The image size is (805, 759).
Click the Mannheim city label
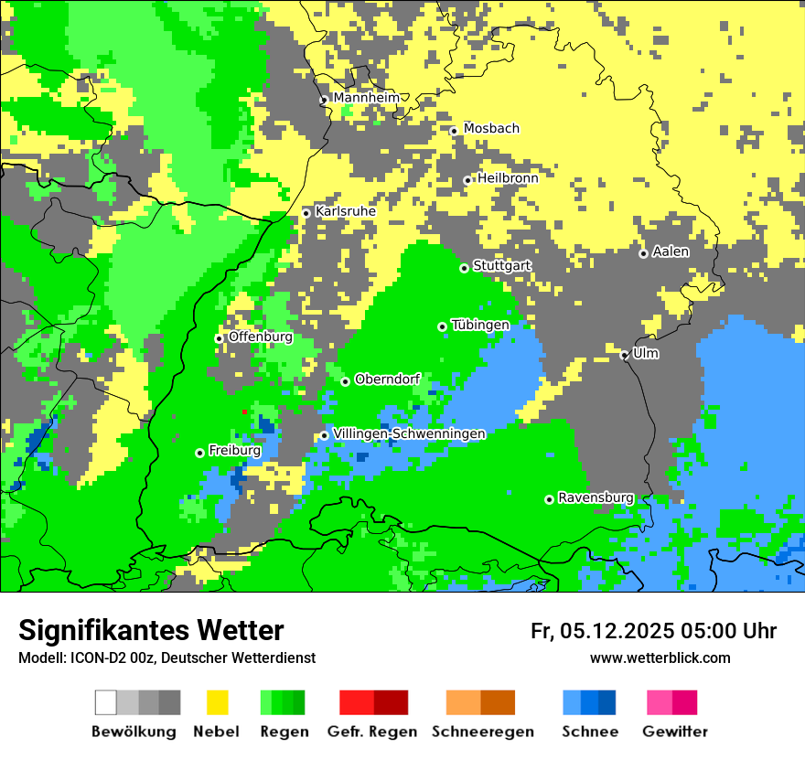pos(366,98)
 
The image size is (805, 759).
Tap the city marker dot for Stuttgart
pos(464,268)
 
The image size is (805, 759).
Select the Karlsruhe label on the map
pos(345,211)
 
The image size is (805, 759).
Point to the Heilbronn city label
pos(508,178)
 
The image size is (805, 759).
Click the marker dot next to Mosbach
pos(454,131)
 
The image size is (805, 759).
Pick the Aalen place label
pos(671,251)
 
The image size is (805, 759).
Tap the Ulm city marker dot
pos(625,355)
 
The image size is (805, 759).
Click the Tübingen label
pos(480,325)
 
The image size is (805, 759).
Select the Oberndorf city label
pos(387,379)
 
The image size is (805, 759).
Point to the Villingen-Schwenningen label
pos(409,433)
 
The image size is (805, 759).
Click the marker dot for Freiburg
pos(199,453)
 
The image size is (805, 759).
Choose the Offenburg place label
pos(260,337)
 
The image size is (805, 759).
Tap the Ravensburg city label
pos(596,497)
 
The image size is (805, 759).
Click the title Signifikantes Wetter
pos(151,630)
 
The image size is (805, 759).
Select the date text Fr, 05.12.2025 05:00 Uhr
pos(653,631)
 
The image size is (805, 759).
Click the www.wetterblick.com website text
pos(660,657)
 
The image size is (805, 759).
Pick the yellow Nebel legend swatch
pos(217,702)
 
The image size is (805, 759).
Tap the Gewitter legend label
pos(674,732)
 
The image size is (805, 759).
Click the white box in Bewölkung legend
pos(106,702)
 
